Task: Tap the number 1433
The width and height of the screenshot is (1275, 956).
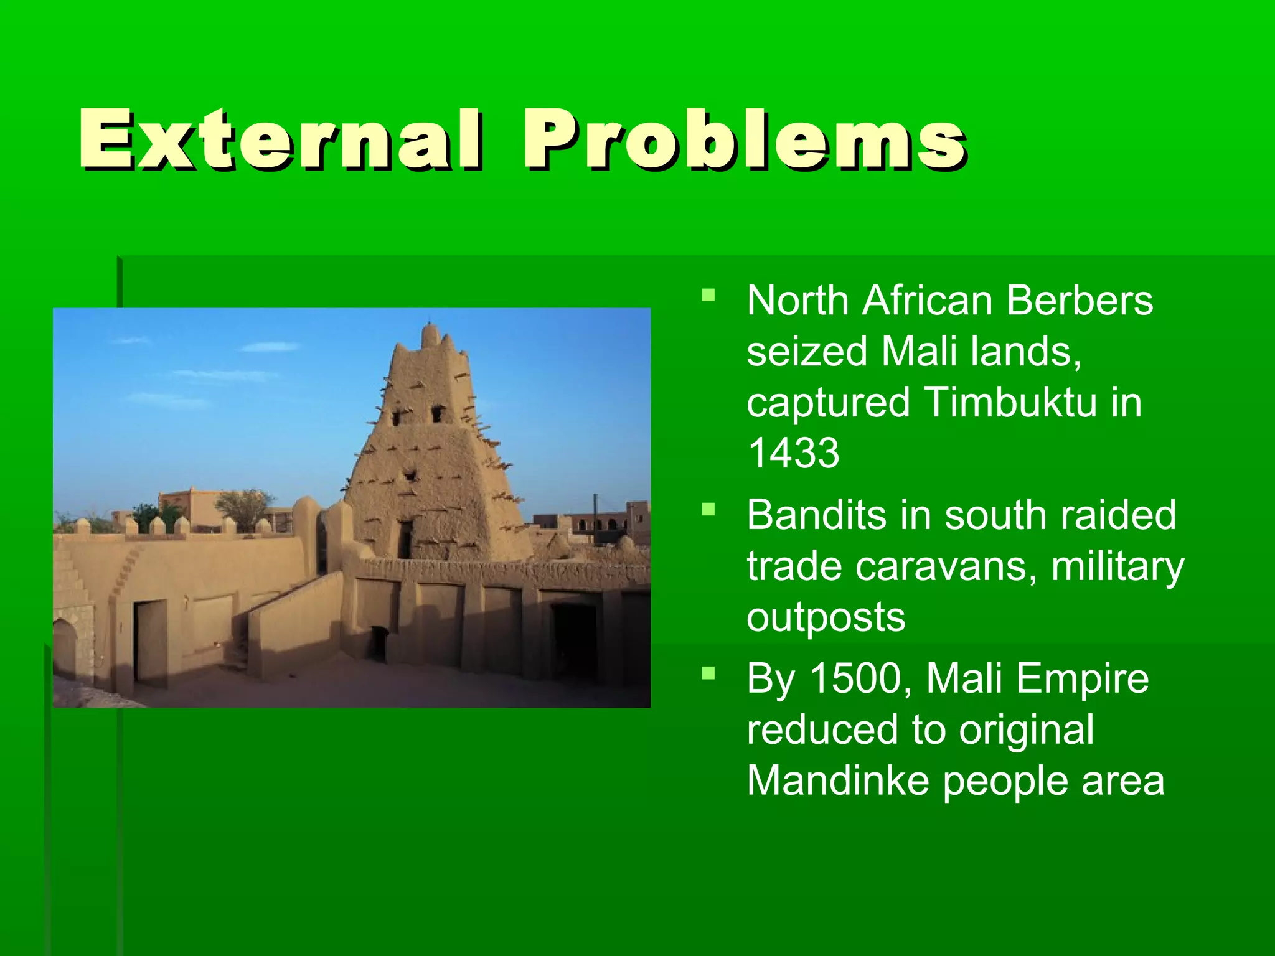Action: (x=793, y=452)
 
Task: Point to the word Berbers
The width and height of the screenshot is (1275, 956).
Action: (x=1080, y=301)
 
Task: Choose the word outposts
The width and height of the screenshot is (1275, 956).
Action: (x=826, y=617)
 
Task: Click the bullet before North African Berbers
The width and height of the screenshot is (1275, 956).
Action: (x=708, y=294)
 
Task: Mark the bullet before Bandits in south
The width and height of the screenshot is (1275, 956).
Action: (x=708, y=510)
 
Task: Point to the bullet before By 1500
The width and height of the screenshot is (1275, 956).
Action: (x=708, y=673)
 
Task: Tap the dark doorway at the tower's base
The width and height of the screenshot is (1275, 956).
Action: (x=405, y=539)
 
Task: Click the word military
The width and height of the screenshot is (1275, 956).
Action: (x=1117, y=566)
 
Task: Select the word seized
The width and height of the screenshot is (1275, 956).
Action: (x=807, y=352)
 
